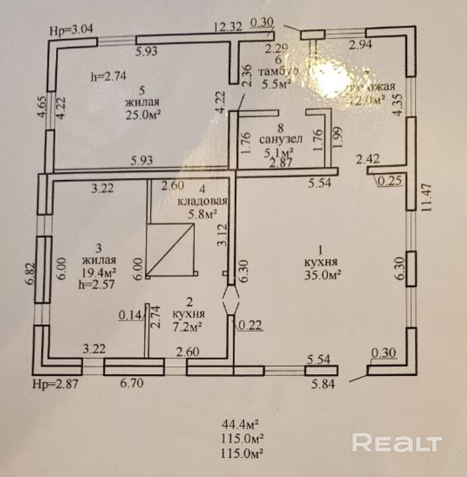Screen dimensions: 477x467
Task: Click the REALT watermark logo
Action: [396, 441]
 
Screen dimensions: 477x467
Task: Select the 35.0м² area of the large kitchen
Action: [322, 276]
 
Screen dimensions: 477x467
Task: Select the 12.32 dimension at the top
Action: [228, 27]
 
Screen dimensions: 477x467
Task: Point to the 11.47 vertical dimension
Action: [430, 197]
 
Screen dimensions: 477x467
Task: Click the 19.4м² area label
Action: [98, 272]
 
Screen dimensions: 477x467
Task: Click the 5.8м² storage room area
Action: [202, 214]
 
